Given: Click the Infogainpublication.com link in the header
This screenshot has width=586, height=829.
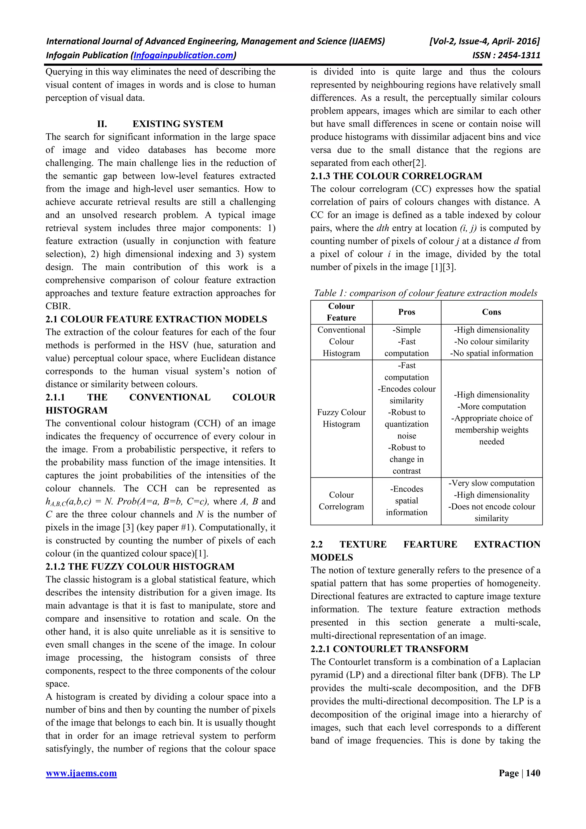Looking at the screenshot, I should (x=183, y=55).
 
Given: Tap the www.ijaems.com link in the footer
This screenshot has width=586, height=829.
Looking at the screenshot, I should (x=81, y=773).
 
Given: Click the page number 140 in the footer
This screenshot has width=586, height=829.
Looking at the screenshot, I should (x=533, y=773).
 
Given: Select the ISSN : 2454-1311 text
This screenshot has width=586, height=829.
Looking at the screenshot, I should (x=506, y=55).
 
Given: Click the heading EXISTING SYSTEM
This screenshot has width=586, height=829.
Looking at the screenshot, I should (x=178, y=124).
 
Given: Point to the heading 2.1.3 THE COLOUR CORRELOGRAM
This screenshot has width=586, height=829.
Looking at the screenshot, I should (x=396, y=176).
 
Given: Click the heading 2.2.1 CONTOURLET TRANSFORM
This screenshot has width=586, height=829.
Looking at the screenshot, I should (x=389, y=648).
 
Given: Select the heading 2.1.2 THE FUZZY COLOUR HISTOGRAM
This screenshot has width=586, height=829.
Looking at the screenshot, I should (x=140, y=566).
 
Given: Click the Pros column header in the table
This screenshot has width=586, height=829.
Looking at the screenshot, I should (x=407, y=312).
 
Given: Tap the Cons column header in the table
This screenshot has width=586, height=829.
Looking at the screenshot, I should (x=491, y=312).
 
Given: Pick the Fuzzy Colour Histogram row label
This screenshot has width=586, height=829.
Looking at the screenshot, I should (x=341, y=418).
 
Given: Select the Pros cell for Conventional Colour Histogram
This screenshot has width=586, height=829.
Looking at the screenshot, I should (x=407, y=342).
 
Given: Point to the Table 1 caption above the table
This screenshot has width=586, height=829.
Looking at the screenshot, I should (x=425, y=293).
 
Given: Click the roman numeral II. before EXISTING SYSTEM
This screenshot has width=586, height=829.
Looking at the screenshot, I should (x=102, y=124).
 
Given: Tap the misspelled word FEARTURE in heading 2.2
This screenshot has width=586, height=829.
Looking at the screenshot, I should (x=430, y=544).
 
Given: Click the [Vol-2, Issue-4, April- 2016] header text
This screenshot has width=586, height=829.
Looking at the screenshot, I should (x=484, y=41).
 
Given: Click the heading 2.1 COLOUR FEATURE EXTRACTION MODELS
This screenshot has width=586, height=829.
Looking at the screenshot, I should (x=156, y=319).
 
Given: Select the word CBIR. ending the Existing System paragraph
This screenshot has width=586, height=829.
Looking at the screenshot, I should (x=58, y=306).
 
